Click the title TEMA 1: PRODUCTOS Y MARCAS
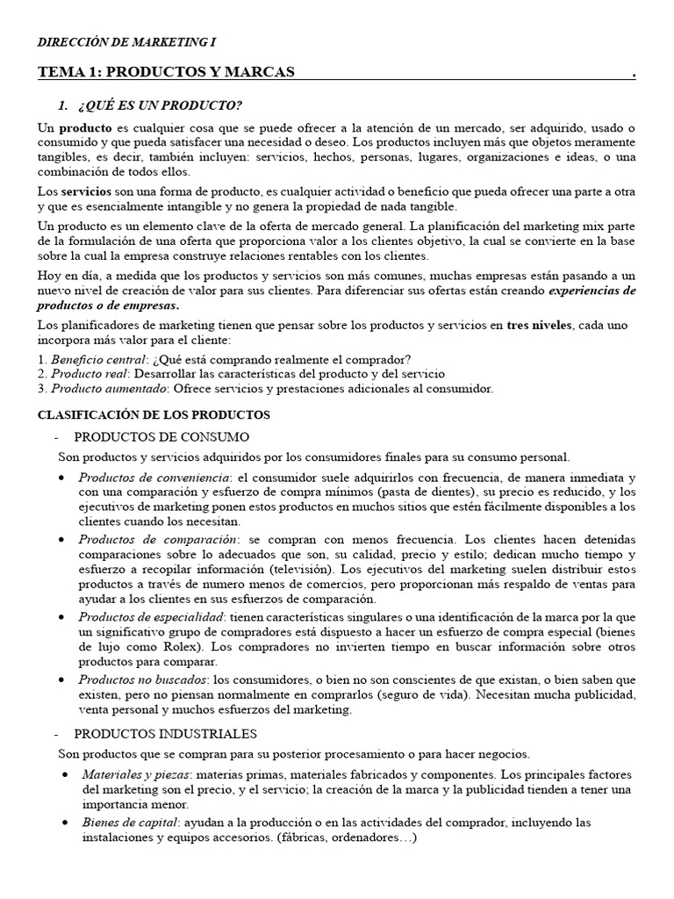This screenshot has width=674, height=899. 166,71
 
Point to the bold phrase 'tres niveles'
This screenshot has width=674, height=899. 538,326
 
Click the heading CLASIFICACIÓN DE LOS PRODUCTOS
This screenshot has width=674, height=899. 154,414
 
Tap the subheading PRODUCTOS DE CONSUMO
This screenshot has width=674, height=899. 161,436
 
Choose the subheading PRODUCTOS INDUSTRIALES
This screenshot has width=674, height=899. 165,733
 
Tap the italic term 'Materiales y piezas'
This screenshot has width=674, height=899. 135,775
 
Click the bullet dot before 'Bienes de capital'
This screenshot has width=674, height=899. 68,823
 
